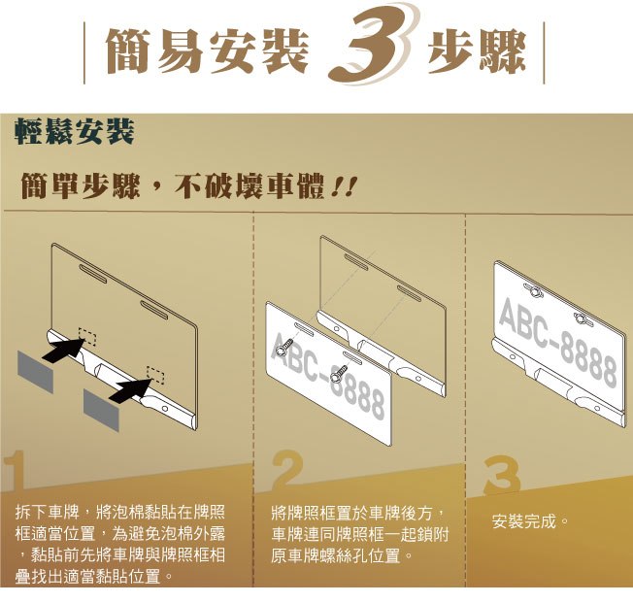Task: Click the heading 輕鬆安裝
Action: (x=75, y=132)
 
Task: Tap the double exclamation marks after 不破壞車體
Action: (x=344, y=187)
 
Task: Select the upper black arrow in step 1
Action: (x=64, y=350)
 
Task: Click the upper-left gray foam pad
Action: (x=35, y=372)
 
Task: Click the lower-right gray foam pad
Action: (x=101, y=410)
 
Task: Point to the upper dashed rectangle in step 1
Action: (x=87, y=337)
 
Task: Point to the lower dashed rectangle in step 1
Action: (x=155, y=375)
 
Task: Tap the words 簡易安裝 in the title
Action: (x=207, y=51)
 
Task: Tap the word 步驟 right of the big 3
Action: (x=477, y=51)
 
